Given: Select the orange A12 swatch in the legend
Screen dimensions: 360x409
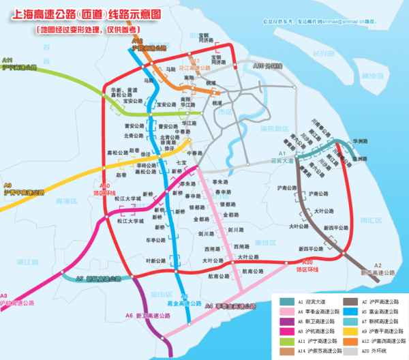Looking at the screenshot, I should point(348,340).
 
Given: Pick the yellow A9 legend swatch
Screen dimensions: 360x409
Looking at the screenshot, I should point(348,330).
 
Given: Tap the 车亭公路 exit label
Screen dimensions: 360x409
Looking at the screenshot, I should point(157,240).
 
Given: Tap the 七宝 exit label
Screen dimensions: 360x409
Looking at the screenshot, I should point(181,164).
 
